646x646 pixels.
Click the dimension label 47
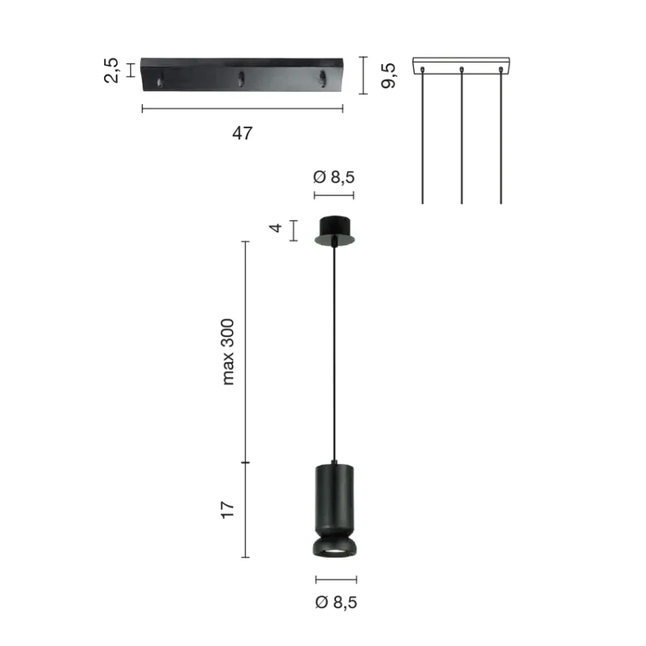tap(242, 133)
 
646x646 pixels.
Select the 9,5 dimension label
tap(389, 75)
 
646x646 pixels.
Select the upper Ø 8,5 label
tap(334, 177)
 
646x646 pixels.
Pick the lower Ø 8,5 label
tap(335, 602)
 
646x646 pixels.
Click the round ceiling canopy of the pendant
tap(334, 229)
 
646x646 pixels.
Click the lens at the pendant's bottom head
tap(334, 549)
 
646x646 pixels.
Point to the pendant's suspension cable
tap(334, 354)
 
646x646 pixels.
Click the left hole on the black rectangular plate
tap(160, 82)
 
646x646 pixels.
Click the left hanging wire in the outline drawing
tap(423, 136)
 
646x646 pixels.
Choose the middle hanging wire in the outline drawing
tap(462, 136)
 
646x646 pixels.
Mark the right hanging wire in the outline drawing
tap(501, 136)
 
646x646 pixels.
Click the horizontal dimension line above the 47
tap(242, 108)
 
